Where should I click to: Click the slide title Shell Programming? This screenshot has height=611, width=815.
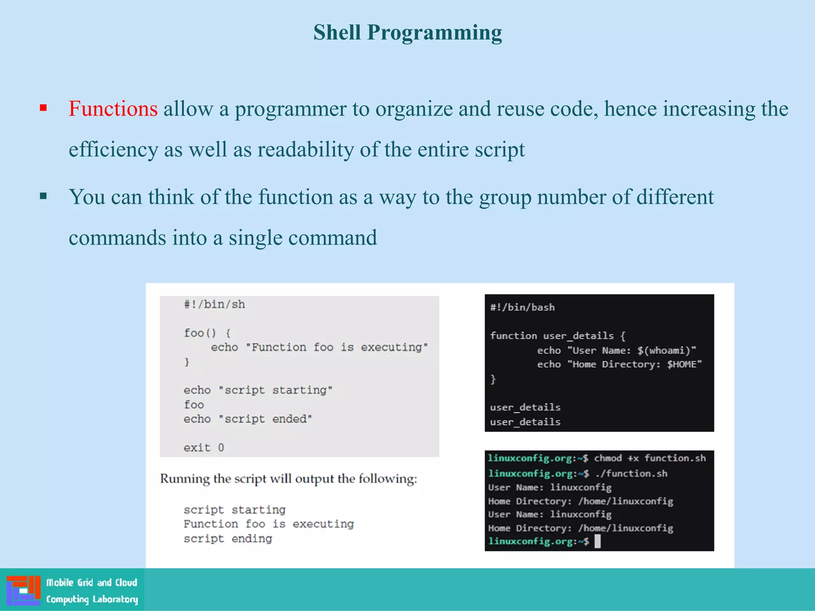[407, 33]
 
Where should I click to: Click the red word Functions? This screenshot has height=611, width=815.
[113, 109]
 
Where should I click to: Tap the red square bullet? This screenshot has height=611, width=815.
[43, 108]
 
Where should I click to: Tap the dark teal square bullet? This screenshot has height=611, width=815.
[43, 196]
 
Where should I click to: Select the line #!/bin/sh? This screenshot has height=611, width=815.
[214, 305]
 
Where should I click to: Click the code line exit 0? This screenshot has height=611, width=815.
[204, 448]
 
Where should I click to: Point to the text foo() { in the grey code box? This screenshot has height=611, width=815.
[207, 333]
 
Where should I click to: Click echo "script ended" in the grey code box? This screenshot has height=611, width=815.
[248, 419]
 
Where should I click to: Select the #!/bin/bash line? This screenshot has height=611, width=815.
[522, 307]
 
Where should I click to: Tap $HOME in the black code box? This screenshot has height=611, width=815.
[681, 364]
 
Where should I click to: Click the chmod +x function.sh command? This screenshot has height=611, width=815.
[649, 458]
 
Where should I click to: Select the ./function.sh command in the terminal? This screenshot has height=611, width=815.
[631, 473]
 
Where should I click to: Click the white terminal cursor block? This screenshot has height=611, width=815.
[597, 541]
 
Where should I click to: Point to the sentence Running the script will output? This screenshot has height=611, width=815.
[289, 479]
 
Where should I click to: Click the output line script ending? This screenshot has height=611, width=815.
[228, 539]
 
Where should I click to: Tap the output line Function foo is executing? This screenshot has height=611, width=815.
[269, 524]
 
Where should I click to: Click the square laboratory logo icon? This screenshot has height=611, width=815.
[23, 590]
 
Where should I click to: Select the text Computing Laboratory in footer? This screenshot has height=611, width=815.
[92, 599]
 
